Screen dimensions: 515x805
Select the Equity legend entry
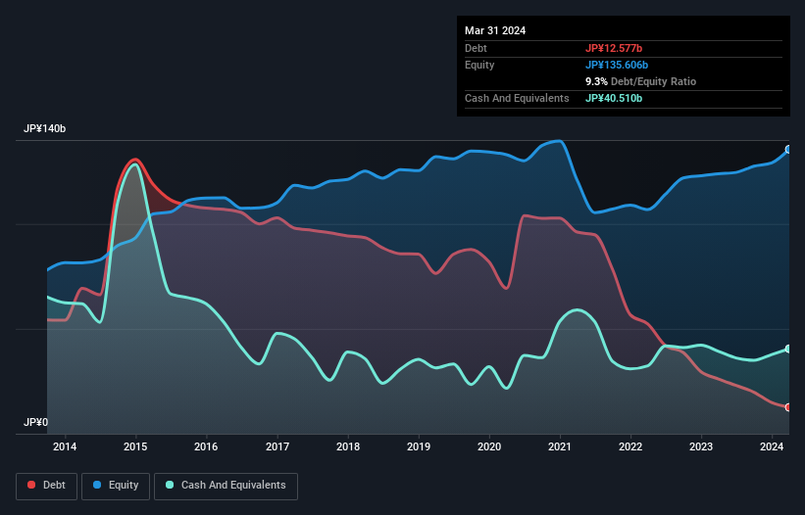116,485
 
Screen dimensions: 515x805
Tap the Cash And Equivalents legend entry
226,485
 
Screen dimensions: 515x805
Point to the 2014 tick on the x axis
65,447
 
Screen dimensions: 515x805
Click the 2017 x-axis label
277,447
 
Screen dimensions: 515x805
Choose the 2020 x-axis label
489,447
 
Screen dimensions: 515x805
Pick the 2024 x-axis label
772,447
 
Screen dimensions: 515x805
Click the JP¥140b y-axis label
45,129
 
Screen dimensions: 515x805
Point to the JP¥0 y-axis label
35,423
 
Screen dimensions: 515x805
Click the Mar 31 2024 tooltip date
495,30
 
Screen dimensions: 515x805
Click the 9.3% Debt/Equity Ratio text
640,81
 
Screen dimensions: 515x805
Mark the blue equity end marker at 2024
788,150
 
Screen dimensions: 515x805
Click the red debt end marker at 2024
788,407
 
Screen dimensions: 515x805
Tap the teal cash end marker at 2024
788,349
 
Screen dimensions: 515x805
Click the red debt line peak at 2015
135,160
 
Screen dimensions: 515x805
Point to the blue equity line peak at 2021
560,141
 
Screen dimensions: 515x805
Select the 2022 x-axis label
630,447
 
